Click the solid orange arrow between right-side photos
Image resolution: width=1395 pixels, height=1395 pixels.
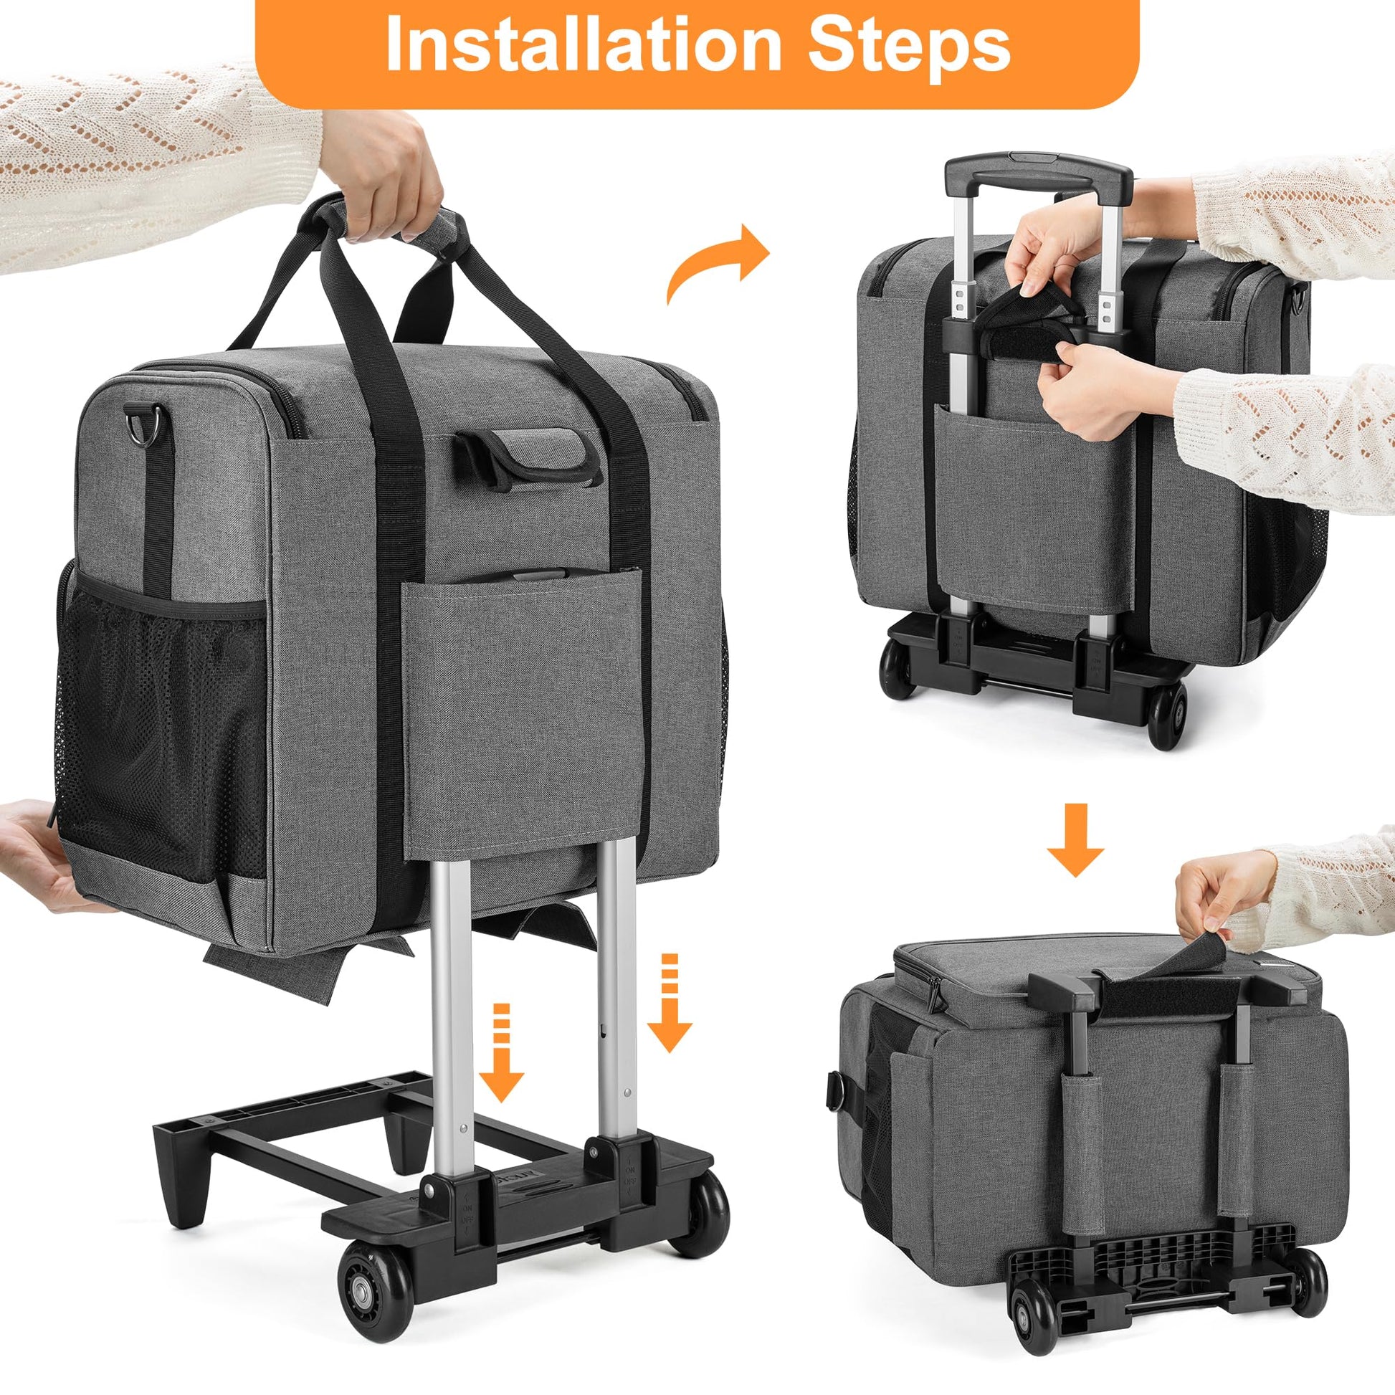pyautogui.click(x=1075, y=839)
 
